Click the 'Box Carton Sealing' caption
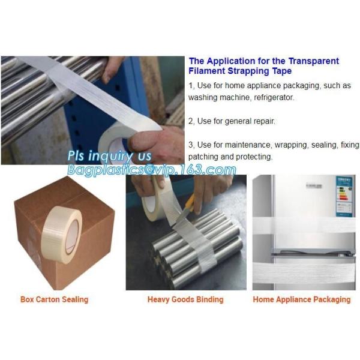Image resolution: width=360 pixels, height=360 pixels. [x=54, y=299]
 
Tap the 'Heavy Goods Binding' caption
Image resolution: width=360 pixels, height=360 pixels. [x=185, y=299]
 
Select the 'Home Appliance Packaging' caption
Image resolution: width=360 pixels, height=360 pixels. [x=301, y=299]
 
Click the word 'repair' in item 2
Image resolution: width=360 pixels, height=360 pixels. [x=260, y=121]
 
